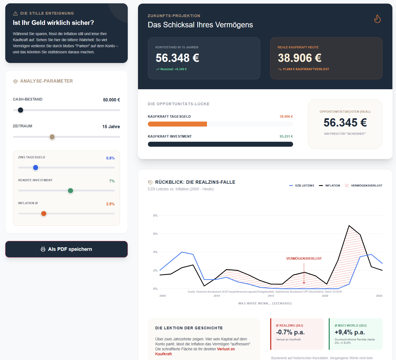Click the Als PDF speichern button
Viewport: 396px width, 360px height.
pyautogui.click(x=66, y=249)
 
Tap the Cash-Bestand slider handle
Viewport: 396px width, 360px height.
pyautogui.click(x=21, y=110)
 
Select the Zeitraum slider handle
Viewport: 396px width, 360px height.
pyautogui.click(x=52, y=137)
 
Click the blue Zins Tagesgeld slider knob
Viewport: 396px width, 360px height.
pyautogui.click(x=36, y=168)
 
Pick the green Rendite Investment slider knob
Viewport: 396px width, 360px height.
pyautogui.click(x=71, y=191)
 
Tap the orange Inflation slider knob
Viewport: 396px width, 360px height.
pyautogui.click(x=44, y=214)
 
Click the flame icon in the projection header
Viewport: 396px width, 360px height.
pyautogui.click(x=377, y=19)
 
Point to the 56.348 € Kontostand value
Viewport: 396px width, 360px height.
pyautogui.click(x=177, y=58)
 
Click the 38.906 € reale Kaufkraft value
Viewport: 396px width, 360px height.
pyautogui.click(x=299, y=58)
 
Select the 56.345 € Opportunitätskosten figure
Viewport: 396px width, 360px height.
pyautogui.click(x=345, y=123)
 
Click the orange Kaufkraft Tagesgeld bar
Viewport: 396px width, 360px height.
pyautogui.click(x=177, y=124)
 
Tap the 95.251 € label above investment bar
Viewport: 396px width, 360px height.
pyautogui.click(x=286, y=136)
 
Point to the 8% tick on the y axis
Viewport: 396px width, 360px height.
pyautogui.click(x=155, y=216)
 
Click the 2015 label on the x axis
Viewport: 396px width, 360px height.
pyautogui.click(x=271, y=296)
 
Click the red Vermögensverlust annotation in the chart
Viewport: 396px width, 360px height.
pyautogui.click(x=304, y=259)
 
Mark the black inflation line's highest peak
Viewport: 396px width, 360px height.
pyautogui.click(x=349, y=226)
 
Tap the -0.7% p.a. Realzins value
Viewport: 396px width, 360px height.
pyautogui.click(x=290, y=332)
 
